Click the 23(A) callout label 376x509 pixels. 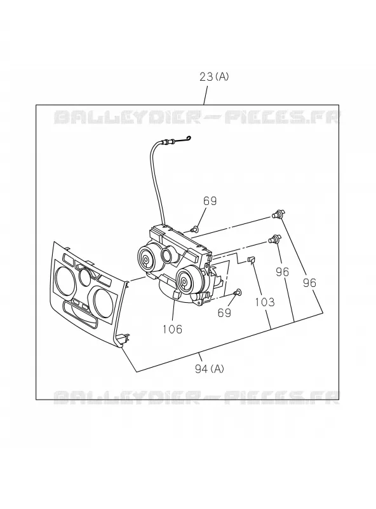(x=214, y=77)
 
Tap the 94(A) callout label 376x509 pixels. (x=210, y=368)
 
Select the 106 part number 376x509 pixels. (x=173, y=329)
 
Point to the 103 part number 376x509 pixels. (x=265, y=302)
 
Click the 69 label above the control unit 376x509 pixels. (x=210, y=201)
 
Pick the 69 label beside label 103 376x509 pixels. (x=224, y=312)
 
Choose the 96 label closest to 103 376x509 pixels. (x=283, y=272)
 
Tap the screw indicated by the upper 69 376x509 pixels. (x=195, y=230)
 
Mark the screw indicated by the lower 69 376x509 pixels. (x=238, y=292)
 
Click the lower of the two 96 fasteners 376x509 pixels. (x=274, y=239)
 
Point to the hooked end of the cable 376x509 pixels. (x=186, y=139)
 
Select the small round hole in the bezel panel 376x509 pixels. (x=85, y=277)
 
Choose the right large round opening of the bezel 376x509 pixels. (x=103, y=300)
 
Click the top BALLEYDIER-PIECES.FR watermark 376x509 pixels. (x=197, y=117)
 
